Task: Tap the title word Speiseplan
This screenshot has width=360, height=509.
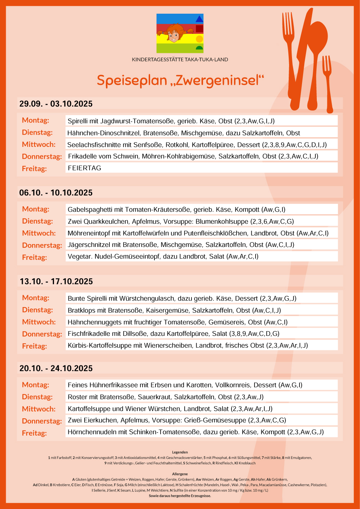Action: point(132,80)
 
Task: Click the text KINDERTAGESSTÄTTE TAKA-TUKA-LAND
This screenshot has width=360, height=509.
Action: point(180,59)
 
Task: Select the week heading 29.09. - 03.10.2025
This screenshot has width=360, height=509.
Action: point(56,104)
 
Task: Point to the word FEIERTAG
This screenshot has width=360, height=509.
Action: point(85,168)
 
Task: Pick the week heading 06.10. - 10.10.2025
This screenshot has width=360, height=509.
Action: point(56,193)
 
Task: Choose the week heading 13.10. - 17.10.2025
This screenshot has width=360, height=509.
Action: point(56,281)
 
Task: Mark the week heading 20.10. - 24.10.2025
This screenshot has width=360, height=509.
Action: point(56,369)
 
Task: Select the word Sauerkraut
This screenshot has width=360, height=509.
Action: point(154,397)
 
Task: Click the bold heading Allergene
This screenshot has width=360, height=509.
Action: point(180,474)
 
